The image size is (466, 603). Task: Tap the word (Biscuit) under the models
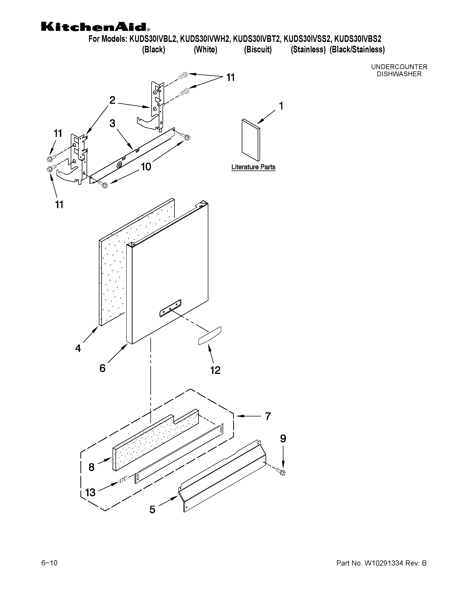click(x=257, y=50)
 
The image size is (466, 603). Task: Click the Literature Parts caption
click(x=253, y=167)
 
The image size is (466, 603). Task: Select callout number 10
click(x=146, y=167)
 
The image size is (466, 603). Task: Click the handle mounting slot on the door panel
click(x=170, y=308)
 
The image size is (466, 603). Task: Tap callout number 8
click(x=91, y=467)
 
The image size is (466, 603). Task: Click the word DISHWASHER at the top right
click(x=399, y=74)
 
